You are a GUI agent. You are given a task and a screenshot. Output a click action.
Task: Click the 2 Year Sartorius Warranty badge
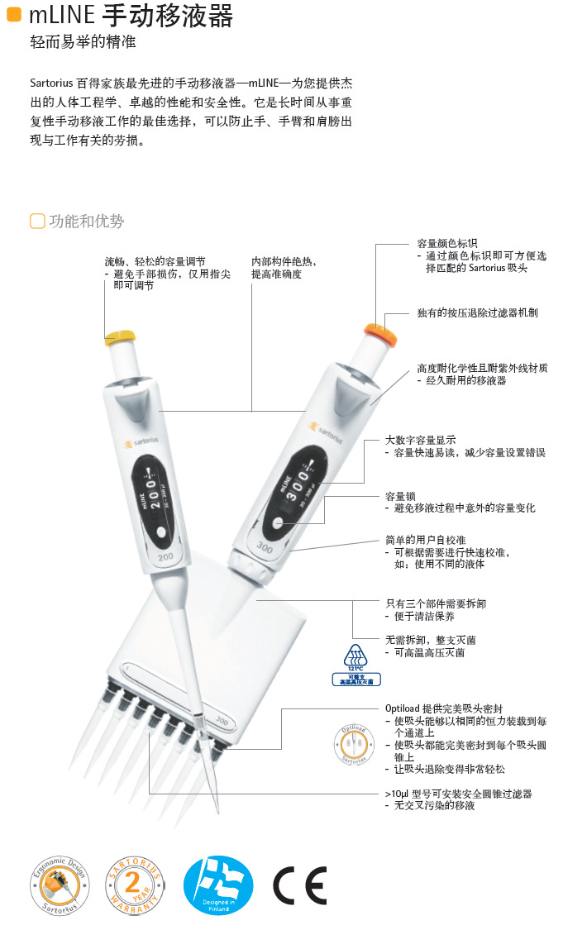pos(136,885)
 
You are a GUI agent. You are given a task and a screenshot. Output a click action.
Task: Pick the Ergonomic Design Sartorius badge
pos(60,885)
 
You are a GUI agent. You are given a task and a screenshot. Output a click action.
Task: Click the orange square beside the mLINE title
pos(13,14)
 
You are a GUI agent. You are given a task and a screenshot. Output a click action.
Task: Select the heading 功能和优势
pos(86,221)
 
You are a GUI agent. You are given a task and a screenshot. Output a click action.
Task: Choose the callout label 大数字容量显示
pos(420,441)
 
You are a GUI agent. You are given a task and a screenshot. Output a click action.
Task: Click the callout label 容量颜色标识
pos(446,244)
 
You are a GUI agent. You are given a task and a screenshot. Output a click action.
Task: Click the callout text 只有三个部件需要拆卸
pos(436,603)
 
